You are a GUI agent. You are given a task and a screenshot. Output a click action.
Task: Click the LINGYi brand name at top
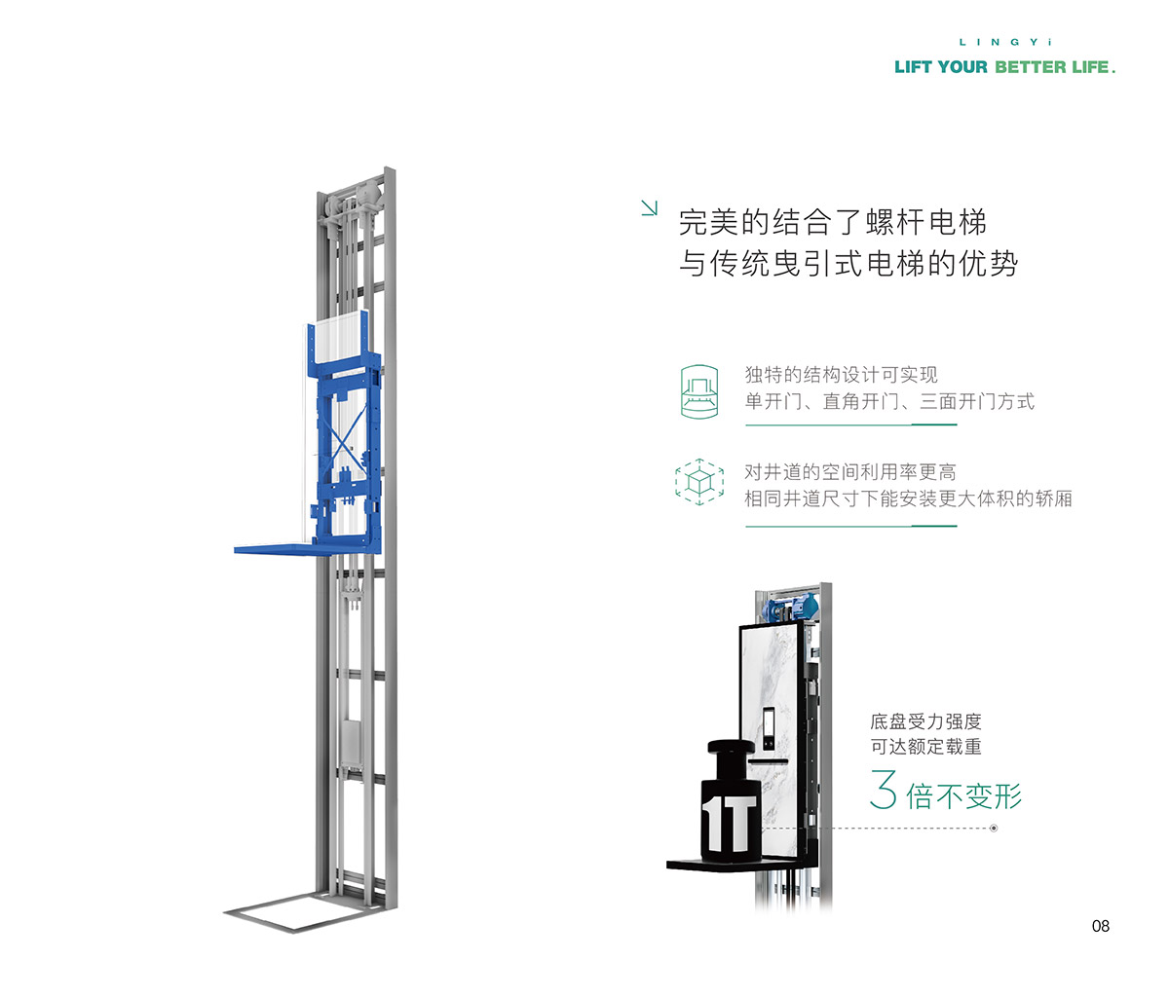tap(1005, 42)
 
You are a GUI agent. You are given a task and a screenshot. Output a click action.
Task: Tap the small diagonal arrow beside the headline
tap(649, 208)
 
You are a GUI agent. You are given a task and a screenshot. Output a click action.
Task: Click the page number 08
tap(1101, 926)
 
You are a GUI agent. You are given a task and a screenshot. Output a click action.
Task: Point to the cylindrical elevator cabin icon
tap(699, 391)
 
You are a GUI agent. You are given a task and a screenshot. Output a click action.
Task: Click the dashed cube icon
tap(699, 482)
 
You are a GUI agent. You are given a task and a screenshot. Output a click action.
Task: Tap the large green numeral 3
tap(884, 789)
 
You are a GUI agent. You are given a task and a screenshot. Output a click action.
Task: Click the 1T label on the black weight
tap(729, 823)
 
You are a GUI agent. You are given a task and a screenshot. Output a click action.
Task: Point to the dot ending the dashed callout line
tap(994, 829)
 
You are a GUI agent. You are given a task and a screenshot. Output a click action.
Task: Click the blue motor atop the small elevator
tap(790, 609)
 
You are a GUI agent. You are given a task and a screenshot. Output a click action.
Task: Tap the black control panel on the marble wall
tap(769, 728)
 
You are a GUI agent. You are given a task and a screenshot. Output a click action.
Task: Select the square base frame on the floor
tap(305, 910)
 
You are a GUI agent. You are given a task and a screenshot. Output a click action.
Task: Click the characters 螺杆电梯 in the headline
tap(926, 222)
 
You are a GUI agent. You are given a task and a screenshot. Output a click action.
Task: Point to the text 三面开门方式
tap(977, 402)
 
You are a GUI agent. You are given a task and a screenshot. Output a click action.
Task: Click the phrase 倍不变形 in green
tap(964, 795)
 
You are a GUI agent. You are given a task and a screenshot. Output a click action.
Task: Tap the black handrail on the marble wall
tap(768, 761)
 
